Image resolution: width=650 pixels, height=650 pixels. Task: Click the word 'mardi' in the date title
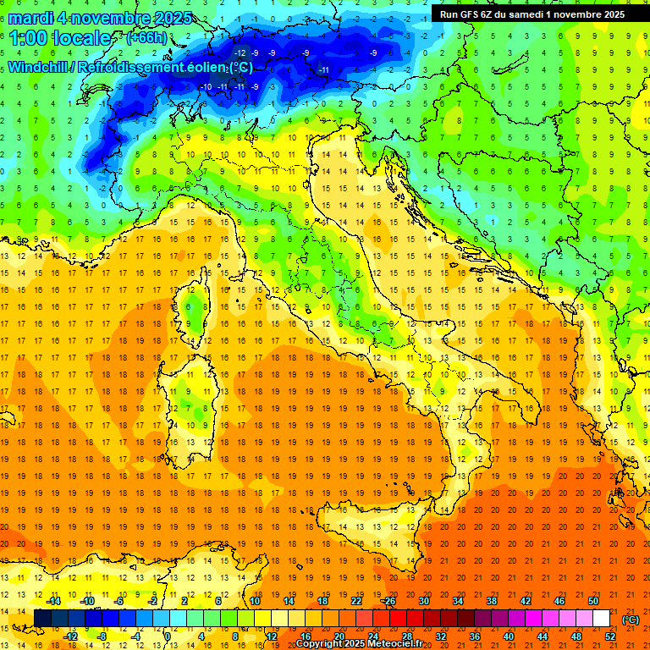tap(31, 18)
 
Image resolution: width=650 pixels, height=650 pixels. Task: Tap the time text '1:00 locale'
tap(60, 38)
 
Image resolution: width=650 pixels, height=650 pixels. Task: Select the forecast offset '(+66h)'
tap(146, 38)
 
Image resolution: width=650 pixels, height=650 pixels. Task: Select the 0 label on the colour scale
tap(168, 636)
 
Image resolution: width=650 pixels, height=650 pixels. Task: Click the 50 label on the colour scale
tap(594, 601)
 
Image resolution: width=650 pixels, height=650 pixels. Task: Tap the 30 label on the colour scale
tap(423, 601)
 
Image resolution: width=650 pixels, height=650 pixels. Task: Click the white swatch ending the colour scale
tap(602, 619)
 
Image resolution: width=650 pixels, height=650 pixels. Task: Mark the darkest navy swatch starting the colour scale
tap(42, 619)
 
